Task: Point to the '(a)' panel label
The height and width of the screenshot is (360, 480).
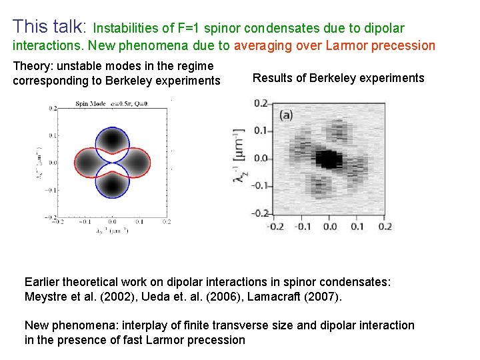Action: pos(285,115)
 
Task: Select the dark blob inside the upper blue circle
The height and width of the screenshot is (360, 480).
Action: pos(111,141)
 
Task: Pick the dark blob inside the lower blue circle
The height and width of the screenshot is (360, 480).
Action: pos(111,182)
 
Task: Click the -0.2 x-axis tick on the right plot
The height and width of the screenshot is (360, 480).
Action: pos(275,227)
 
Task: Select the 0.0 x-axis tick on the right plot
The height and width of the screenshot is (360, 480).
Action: pos(329,227)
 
